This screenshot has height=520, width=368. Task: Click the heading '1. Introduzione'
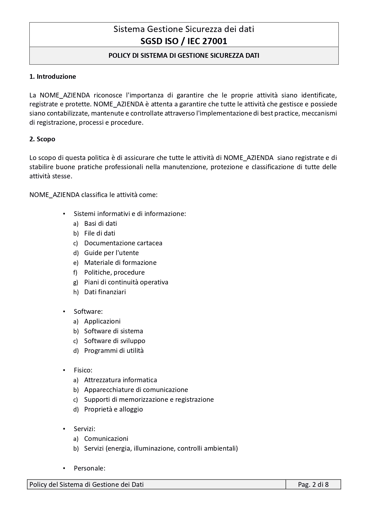(52, 76)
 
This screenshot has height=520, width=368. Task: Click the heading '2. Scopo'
(42, 139)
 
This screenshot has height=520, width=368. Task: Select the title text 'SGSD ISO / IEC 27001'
(184, 41)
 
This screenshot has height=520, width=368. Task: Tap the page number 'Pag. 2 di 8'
(313, 484)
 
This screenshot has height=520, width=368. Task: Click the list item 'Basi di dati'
(101, 223)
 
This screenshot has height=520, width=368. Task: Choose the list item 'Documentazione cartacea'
(123, 243)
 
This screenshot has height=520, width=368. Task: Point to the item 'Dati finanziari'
(105, 292)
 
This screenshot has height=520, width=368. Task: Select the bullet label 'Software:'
(88, 311)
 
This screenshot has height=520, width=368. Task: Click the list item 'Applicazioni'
(102, 321)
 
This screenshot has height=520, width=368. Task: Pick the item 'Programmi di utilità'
(114, 351)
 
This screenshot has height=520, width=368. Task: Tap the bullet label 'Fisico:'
(83, 370)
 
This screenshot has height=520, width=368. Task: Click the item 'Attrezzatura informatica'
(120, 380)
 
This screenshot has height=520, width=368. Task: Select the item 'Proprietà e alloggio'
(113, 409)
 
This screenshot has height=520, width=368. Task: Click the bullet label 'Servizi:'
(85, 429)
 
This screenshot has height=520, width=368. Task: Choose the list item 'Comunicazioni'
(106, 439)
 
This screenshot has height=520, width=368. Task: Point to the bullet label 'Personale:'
(90, 468)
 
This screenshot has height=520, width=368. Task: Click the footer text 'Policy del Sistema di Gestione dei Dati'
(86, 484)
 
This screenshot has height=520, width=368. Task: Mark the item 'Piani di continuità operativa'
(126, 282)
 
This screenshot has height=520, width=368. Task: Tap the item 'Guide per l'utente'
(111, 253)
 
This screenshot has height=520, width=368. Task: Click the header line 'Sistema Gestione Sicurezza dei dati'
(184, 29)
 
